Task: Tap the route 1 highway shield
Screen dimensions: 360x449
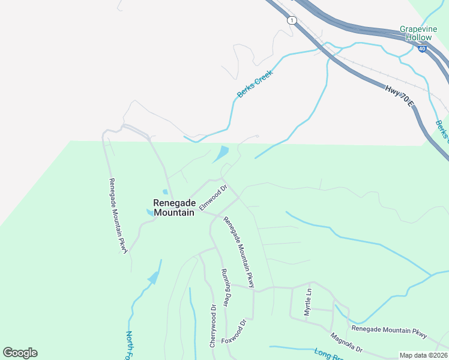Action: click(x=292, y=20)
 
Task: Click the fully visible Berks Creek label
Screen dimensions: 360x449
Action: click(x=255, y=83)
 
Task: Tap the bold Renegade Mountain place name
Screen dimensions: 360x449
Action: click(x=173, y=208)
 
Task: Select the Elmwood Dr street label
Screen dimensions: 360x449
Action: click(x=213, y=197)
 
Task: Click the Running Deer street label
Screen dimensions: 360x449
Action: click(x=226, y=287)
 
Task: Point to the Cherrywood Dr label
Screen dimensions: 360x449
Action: click(x=213, y=326)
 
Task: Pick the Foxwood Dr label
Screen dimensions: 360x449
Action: click(x=234, y=331)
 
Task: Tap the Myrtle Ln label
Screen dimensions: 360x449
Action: click(x=309, y=302)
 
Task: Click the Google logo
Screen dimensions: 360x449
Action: click(x=20, y=353)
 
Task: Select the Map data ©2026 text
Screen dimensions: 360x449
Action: click(x=423, y=355)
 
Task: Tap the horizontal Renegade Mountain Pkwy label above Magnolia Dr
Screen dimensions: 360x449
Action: click(x=390, y=330)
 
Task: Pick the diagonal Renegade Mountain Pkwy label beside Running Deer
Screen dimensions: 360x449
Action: click(x=240, y=252)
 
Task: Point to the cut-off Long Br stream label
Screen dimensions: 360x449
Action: click(x=330, y=355)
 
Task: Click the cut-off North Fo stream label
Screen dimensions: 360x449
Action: click(x=129, y=345)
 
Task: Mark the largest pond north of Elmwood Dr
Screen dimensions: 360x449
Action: click(x=221, y=154)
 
